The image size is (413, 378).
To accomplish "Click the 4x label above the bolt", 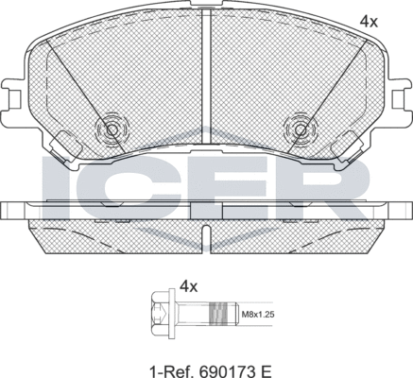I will pos(188,284).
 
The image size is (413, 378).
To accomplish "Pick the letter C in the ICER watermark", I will pos(123,182).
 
